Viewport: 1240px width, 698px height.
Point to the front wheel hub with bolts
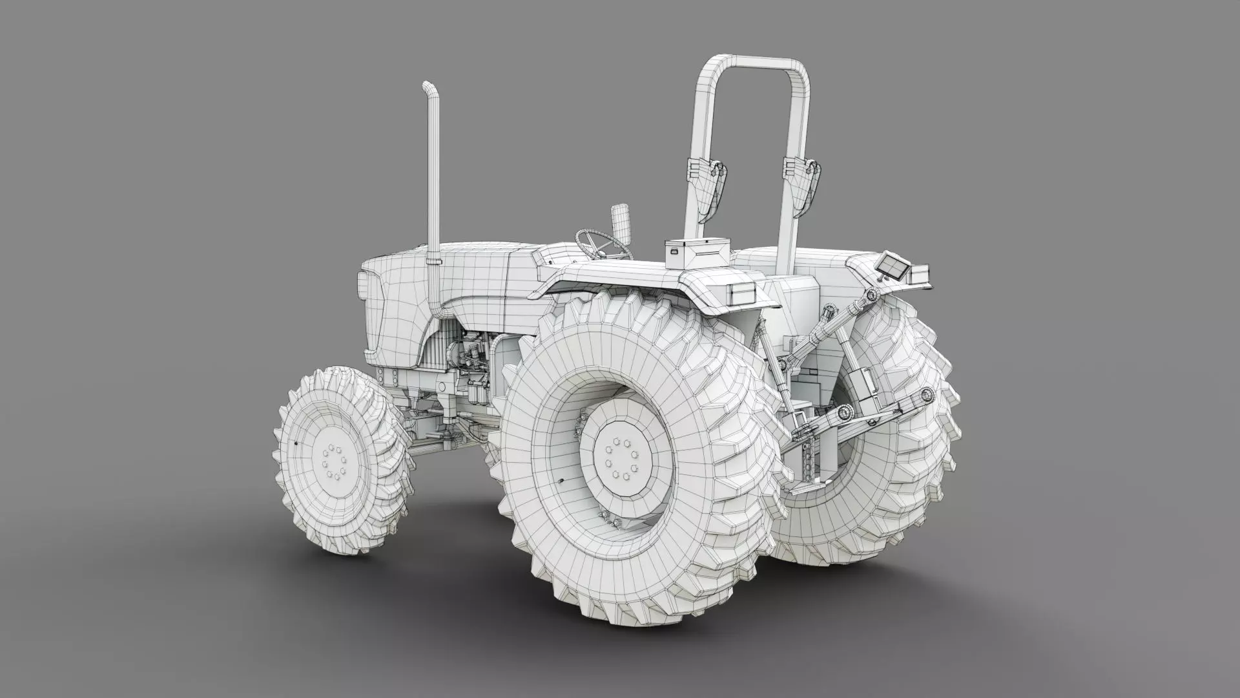point(333,461)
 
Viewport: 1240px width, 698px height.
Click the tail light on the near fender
point(741,293)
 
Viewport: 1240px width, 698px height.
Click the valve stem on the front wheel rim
point(295,445)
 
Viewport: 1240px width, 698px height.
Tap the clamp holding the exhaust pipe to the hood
point(431,261)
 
